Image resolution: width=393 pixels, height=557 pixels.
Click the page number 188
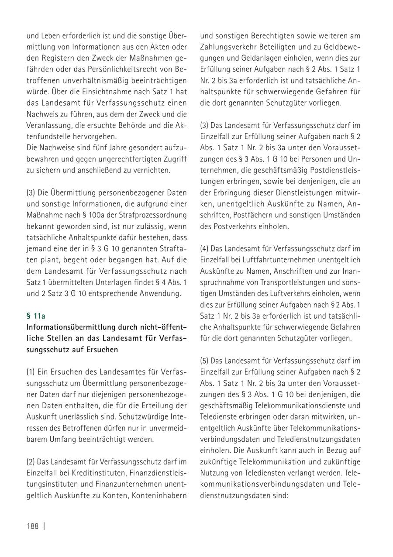point(33,526)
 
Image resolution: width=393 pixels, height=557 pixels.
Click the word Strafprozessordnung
point(153,214)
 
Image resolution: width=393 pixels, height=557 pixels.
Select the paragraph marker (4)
point(205,248)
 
